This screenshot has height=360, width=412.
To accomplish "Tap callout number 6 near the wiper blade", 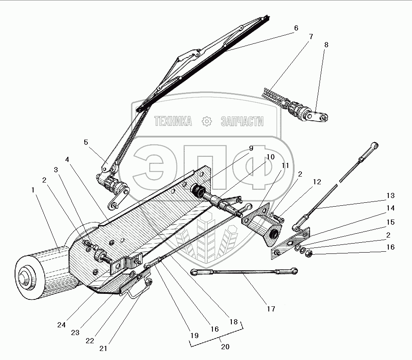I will point(296,28).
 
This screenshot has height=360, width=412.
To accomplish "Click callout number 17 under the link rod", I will point(271,308).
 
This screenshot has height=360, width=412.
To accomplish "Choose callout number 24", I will point(61,325).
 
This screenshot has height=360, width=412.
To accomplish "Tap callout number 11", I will point(285,165).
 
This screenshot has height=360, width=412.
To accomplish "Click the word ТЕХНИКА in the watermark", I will point(173,122).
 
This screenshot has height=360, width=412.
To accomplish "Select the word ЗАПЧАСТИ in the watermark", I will point(242,122).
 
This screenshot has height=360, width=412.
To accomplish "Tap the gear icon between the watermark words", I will point(207,122).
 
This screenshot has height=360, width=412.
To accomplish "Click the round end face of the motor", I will point(27,278).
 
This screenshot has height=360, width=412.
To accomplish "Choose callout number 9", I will point(251,148).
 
